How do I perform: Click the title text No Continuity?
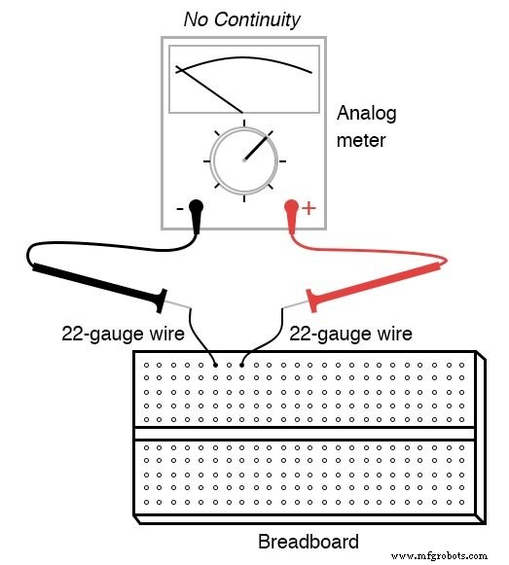click(x=241, y=19)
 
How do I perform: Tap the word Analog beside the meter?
click(x=366, y=114)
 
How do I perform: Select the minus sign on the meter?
click(x=179, y=207)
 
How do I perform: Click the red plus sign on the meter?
click(x=310, y=207)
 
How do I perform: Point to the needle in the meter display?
click(x=208, y=90)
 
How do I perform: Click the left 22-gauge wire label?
click(x=124, y=334)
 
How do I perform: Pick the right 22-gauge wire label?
click(x=350, y=334)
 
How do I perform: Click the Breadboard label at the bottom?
click(x=308, y=542)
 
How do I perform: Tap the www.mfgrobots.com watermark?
click(x=443, y=556)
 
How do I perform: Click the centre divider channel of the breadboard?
click(x=306, y=434)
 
